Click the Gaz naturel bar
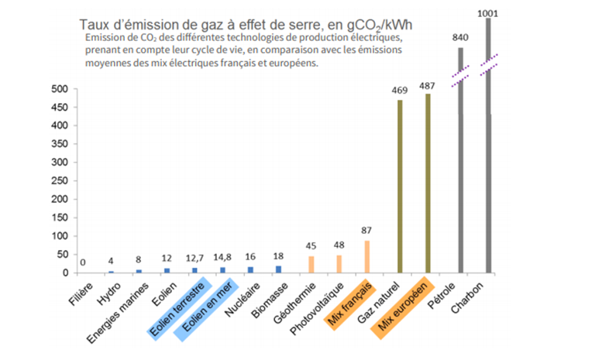point(400,186)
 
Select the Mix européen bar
point(428,183)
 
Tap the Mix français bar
point(368,256)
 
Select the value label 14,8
point(222,257)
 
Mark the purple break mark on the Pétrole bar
point(460,73)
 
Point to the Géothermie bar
point(311,264)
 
